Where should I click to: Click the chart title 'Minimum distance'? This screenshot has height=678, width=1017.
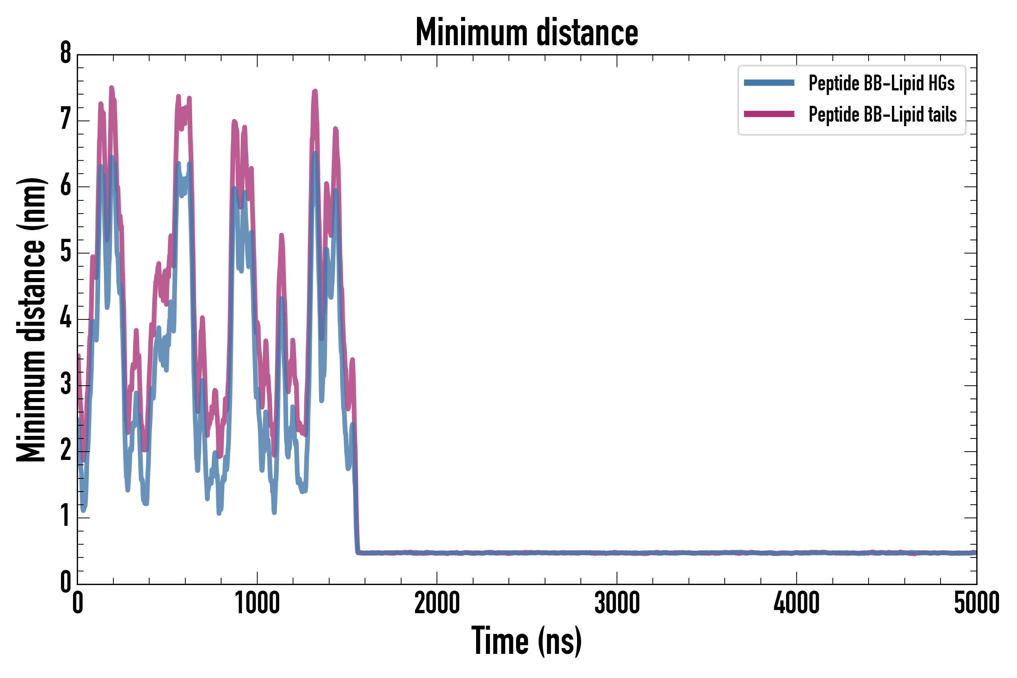tap(527, 32)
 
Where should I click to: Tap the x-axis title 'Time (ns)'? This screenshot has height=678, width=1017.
tap(527, 640)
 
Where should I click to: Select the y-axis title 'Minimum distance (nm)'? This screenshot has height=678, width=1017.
tap(31, 320)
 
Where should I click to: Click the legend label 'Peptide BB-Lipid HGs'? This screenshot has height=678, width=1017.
tap(881, 83)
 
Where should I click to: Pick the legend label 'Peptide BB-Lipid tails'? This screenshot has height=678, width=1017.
tap(883, 115)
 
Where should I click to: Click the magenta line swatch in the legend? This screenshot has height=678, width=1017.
tap(769, 114)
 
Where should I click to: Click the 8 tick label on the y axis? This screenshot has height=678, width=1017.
tap(66, 53)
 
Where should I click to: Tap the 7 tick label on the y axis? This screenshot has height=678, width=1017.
tap(66, 119)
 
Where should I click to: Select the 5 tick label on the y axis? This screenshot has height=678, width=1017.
tap(66, 251)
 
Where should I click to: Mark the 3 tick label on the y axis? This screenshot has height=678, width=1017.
tap(66, 384)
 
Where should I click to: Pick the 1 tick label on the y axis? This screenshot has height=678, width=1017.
tap(66, 516)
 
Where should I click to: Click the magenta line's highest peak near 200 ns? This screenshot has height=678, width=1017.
tap(111, 88)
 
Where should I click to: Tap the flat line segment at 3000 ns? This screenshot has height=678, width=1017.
tap(617, 553)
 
